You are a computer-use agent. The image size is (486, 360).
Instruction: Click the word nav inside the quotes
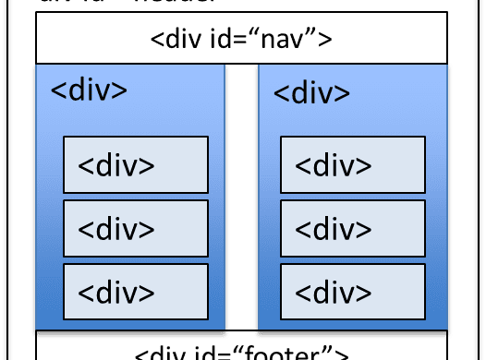[286, 40]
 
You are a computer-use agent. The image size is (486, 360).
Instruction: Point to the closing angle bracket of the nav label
[324, 41]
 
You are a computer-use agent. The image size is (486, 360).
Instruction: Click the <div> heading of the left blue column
[88, 92]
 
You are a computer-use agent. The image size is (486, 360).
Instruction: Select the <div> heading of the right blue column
[312, 93]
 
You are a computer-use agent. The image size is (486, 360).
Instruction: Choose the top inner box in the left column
[135, 164]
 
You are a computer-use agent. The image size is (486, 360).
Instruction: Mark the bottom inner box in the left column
[135, 291]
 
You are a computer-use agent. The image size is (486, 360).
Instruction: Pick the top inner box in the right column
[352, 164]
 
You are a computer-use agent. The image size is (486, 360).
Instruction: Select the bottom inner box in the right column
[352, 291]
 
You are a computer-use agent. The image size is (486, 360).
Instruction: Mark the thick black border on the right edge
[480, 185]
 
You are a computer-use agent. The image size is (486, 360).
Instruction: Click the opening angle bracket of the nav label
[156, 41]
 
